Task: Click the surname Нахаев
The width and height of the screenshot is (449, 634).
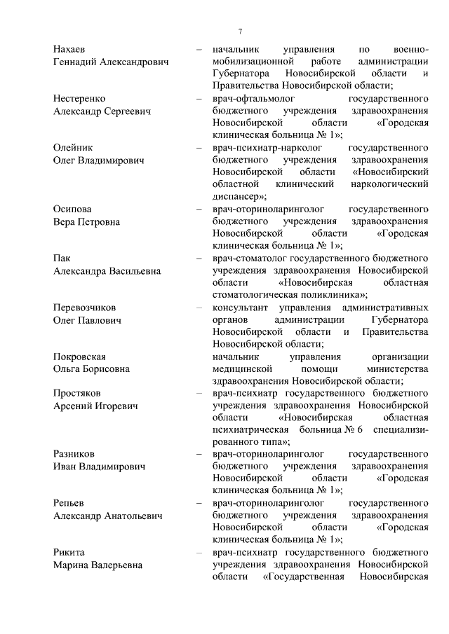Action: point(69,50)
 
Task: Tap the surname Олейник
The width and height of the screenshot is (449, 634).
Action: point(73,148)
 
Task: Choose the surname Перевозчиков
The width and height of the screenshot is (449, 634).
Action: point(85,308)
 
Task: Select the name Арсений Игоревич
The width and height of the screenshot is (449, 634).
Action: point(95,406)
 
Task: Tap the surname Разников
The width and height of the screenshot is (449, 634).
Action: point(74,455)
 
